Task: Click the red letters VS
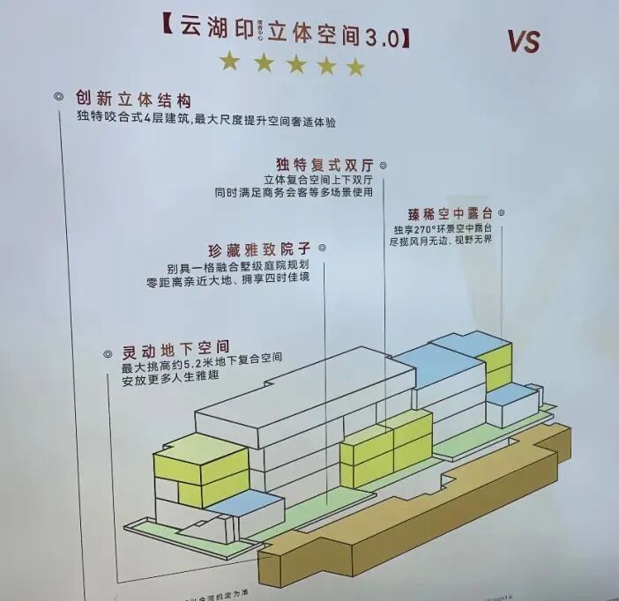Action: click(x=524, y=41)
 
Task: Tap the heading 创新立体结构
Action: click(x=132, y=100)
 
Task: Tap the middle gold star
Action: click(x=296, y=63)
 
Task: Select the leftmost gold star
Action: click(x=229, y=61)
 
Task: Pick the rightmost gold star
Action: click(x=355, y=67)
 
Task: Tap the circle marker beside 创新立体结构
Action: click(x=58, y=95)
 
